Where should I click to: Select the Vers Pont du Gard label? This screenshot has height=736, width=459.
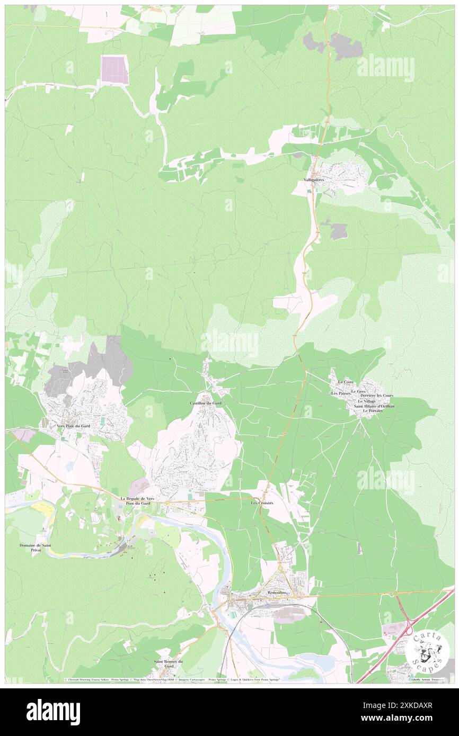pos(72,426)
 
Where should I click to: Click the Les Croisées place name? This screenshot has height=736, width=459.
pos(262,502)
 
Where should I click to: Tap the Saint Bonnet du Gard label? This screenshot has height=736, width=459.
pos(168,664)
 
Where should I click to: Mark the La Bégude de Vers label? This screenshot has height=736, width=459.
pos(137,498)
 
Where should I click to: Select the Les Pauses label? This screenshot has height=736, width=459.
pos(341,393)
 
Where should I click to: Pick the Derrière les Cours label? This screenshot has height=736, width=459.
pos(376,396)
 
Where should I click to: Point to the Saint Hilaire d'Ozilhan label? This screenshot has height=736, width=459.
pos(374,406)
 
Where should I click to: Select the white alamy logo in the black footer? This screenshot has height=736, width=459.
pos(54,712)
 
